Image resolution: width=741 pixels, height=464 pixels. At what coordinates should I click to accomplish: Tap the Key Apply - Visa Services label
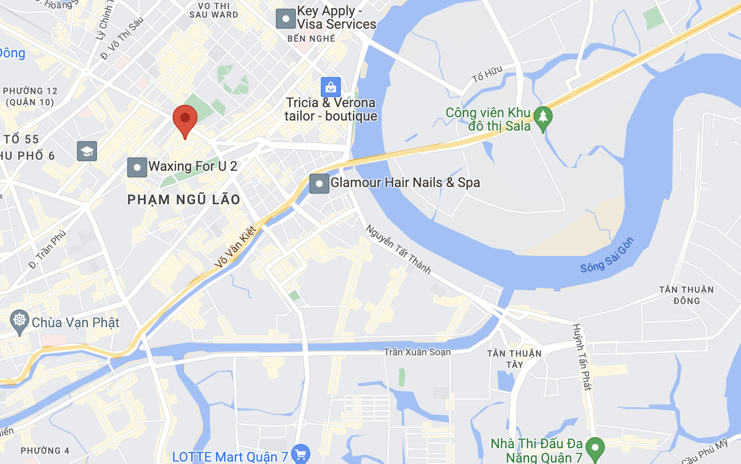click(336, 18)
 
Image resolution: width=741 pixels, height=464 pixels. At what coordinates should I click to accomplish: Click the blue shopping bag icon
click(330, 88)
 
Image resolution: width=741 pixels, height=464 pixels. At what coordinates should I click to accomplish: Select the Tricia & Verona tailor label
click(331, 110)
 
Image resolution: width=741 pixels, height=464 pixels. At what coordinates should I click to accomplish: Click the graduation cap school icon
click(87, 151)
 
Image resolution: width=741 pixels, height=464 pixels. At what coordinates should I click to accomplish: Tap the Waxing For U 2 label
click(193, 166)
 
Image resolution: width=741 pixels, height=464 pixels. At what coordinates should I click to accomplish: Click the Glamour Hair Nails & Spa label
click(405, 183)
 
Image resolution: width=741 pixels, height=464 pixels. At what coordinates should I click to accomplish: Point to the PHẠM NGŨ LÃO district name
click(184, 200)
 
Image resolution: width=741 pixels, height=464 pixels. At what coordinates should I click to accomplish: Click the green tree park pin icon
click(543, 117)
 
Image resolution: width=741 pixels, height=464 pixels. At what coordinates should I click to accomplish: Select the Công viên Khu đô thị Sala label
click(488, 120)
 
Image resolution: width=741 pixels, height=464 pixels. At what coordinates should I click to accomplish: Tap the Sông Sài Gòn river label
click(607, 256)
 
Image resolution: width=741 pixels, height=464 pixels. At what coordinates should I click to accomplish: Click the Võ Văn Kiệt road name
click(235, 247)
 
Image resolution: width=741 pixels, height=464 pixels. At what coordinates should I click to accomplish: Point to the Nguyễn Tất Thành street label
click(398, 250)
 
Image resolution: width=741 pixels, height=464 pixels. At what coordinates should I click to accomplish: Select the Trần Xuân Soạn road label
click(417, 352)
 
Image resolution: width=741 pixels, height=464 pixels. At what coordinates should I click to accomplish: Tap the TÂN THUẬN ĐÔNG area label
click(687, 295)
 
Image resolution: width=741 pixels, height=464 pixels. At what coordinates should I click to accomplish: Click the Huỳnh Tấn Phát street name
click(582, 356)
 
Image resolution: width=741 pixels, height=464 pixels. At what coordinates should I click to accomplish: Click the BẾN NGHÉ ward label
click(311, 39)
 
